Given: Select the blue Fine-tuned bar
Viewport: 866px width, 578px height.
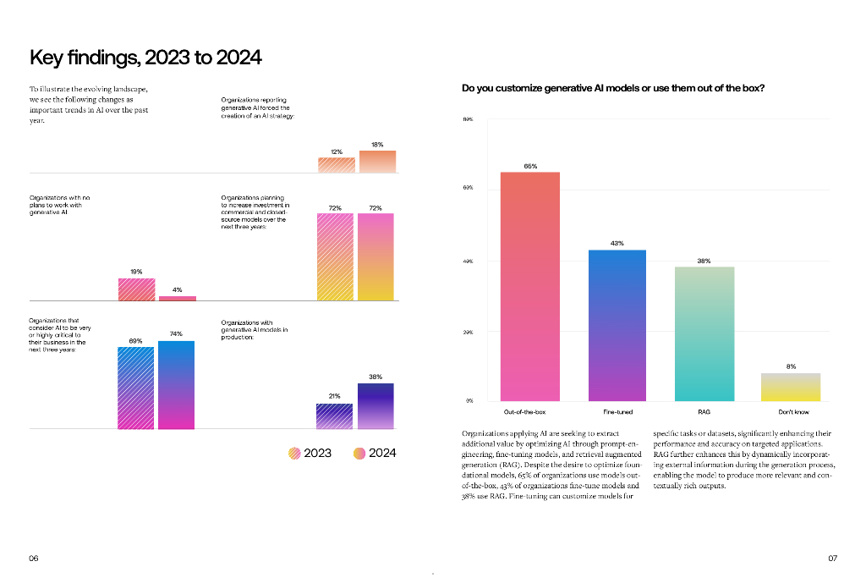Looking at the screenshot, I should click(x=617, y=325).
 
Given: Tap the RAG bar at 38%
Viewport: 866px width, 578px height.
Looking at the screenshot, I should click(x=704, y=333).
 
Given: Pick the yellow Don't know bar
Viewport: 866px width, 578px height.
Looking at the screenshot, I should click(x=791, y=387).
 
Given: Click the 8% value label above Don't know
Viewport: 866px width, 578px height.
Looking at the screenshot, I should click(x=791, y=366).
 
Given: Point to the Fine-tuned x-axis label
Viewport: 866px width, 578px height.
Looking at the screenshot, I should click(x=617, y=411).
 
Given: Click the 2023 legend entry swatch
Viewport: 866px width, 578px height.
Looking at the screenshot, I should click(x=294, y=454).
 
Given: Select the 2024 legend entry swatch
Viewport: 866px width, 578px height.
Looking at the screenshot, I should click(x=359, y=454).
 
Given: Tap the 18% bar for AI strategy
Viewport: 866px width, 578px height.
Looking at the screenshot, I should click(x=377, y=162).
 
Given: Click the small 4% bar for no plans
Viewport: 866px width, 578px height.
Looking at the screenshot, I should click(x=178, y=298).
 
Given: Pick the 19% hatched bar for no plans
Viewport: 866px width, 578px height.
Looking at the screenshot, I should click(x=136, y=289).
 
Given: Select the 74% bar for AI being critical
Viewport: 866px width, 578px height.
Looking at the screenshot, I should click(x=176, y=385).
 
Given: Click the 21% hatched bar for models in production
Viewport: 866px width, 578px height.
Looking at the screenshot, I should click(x=335, y=416).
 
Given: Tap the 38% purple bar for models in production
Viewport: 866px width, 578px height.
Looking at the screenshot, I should click(x=375, y=406).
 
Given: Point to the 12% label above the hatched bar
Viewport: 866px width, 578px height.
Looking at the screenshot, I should click(x=336, y=151).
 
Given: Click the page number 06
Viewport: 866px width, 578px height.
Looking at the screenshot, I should click(x=34, y=559).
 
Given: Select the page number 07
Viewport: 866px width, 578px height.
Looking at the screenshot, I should click(x=832, y=559).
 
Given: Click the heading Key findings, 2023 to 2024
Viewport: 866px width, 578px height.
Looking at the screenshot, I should click(x=145, y=58).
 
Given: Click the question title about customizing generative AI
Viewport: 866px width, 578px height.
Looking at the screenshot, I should click(x=613, y=87).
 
